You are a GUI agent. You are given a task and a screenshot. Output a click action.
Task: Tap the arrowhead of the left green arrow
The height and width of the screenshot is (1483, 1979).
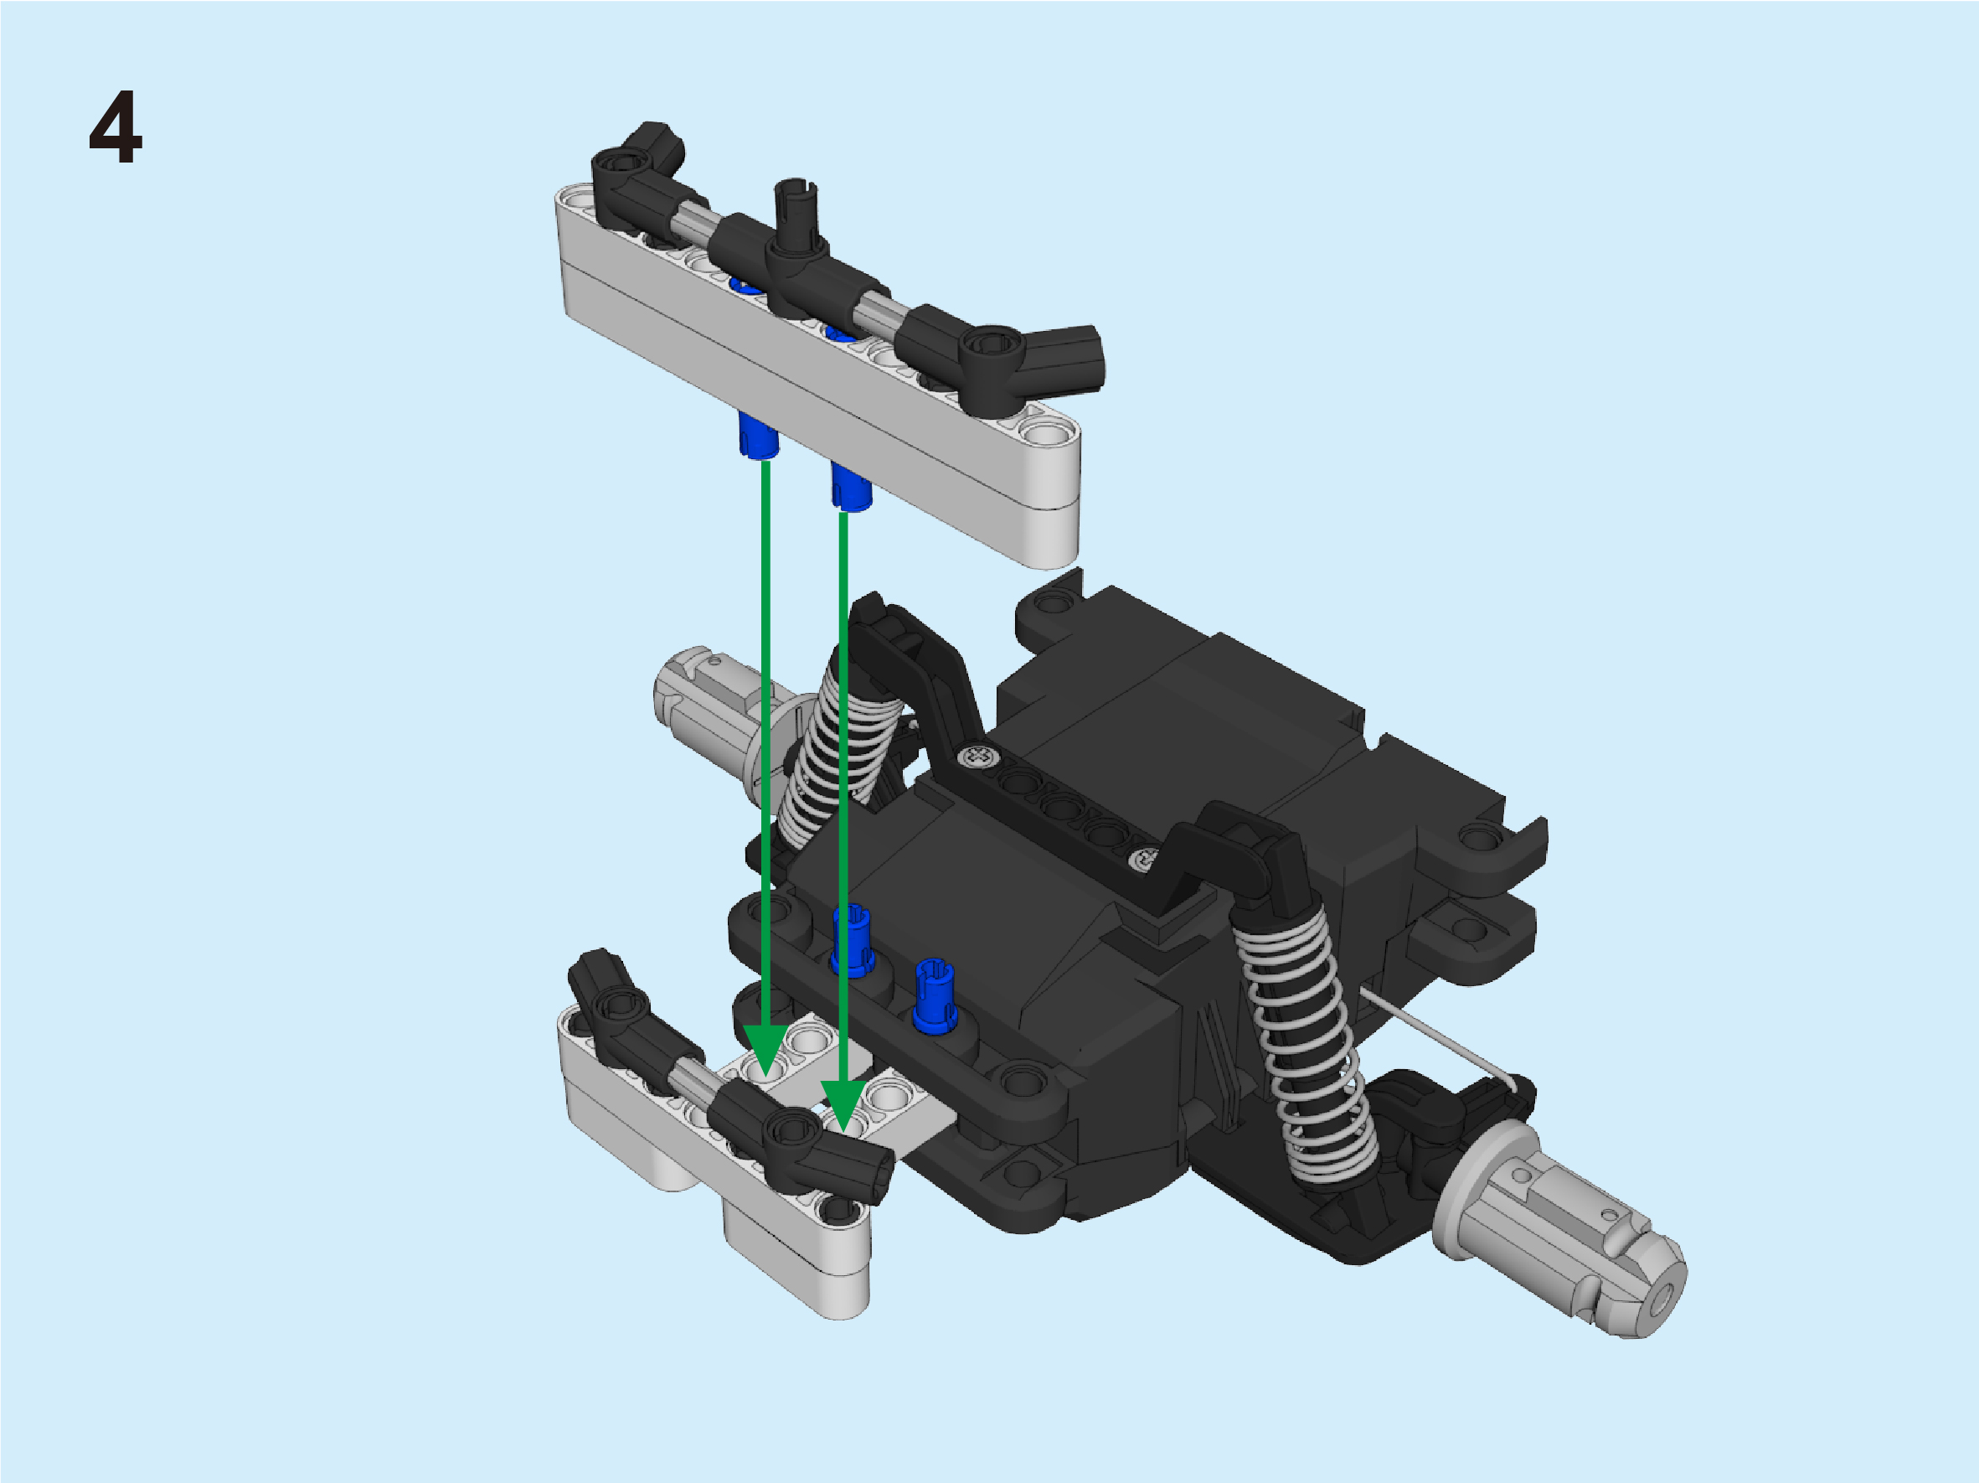[x=765, y=1052]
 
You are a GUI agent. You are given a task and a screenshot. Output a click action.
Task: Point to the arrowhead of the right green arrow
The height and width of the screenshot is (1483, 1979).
[x=843, y=1106]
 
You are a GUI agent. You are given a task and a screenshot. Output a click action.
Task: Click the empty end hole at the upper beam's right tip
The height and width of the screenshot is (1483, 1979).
[x=1044, y=434]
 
